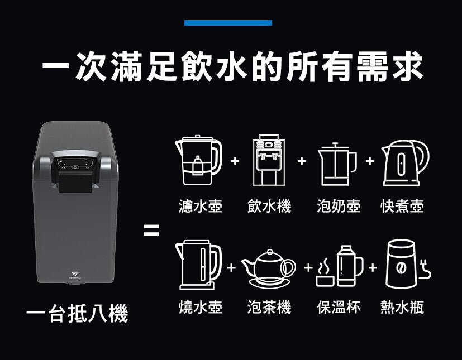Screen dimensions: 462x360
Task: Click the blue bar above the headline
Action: pos(228,23)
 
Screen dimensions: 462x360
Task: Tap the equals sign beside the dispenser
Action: pos(151,230)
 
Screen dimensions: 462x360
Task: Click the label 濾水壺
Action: pos(201,206)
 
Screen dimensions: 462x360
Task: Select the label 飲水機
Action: pos(269,206)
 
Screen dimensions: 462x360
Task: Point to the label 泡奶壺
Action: pos(339,206)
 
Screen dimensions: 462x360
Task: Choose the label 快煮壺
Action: pos(402,206)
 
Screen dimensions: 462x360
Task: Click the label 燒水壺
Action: pos(201,307)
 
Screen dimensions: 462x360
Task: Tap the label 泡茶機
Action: pos(269,307)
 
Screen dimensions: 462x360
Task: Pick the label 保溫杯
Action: pos(339,307)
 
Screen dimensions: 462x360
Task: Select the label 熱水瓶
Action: pos(402,307)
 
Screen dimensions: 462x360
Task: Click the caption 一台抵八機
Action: pos(77,313)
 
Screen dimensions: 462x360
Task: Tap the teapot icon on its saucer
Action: pos(268,268)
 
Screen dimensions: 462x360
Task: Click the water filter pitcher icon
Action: pos(198,160)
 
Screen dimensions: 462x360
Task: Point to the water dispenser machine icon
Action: pos(269,160)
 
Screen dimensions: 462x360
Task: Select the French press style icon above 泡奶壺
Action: pos(337,164)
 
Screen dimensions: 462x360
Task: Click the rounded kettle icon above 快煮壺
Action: pos(405,163)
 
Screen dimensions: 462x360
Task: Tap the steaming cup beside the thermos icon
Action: pos(325,272)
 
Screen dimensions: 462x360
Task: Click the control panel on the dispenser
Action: pos(75,164)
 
